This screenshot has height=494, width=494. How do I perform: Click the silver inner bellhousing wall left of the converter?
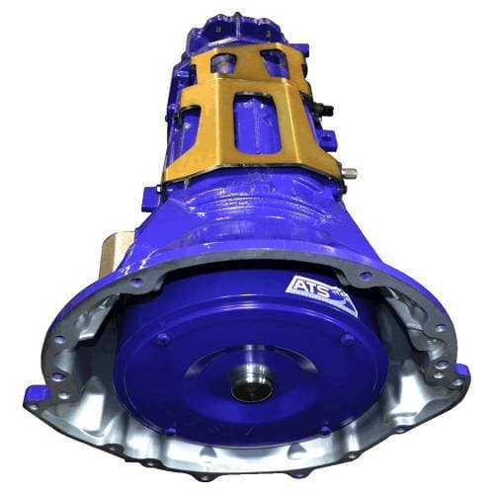[89, 375]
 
